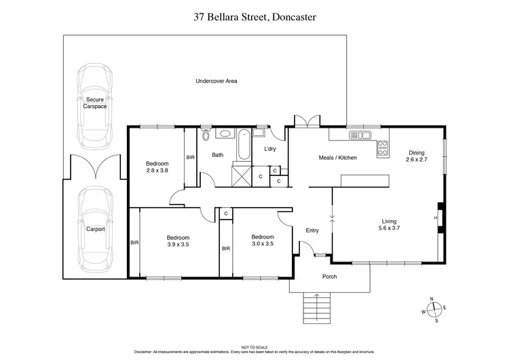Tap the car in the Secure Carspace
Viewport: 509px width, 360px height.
(x=94, y=109)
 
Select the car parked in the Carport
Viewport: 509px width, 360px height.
(x=95, y=229)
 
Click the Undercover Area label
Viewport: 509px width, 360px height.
(x=216, y=81)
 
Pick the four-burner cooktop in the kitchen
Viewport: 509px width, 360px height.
(x=383, y=145)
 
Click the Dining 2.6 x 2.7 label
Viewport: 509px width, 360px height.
(x=416, y=156)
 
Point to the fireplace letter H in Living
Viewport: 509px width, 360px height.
(x=436, y=217)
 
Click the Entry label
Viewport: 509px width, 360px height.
(x=312, y=230)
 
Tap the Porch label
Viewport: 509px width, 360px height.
(x=329, y=276)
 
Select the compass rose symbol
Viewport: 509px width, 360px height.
(x=434, y=309)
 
